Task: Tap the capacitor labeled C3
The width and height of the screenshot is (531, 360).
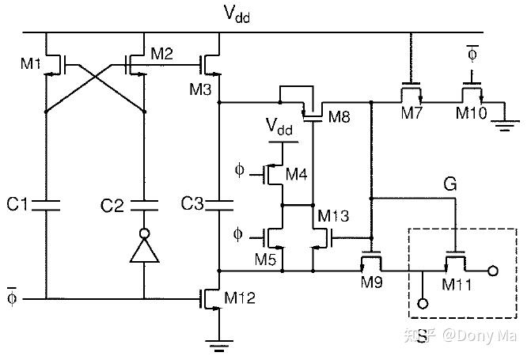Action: pyautogui.click(x=219, y=205)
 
